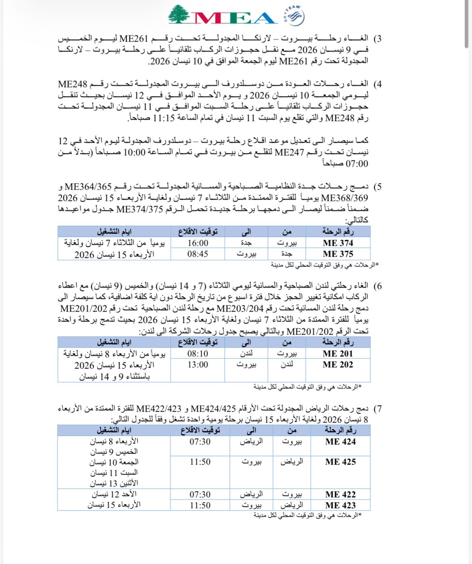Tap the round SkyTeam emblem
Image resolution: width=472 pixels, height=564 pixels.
click(x=296, y=17)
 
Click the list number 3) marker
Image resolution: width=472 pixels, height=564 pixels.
click(x=377, y=39)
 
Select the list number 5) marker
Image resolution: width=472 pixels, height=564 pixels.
click(x=377, y=187)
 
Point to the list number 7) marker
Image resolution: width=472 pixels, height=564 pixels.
click(x=377, y=409)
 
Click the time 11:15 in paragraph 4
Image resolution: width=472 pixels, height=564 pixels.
click(x=161, y=118)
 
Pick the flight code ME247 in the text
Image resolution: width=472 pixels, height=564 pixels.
click(x=289, y=152)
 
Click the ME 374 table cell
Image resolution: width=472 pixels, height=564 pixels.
click(x=338, y=243)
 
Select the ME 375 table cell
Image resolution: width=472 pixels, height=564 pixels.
click(x=338, y=254)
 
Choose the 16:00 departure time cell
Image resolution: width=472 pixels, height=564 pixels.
click(x=198, y=243)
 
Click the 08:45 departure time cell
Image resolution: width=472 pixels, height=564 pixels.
click(x=198, y=254)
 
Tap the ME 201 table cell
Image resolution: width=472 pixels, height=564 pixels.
click(x=338, y=354)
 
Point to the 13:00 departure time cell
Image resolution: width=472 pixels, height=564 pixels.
click(x=198, y=365)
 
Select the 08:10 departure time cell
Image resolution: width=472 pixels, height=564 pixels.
click(x=198, y=354)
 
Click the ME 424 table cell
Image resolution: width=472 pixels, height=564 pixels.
click(x=340, y=442)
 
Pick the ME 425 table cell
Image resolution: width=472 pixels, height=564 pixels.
click(x=340, y=462)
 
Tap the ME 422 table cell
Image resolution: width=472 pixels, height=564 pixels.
click(x=340, y=495)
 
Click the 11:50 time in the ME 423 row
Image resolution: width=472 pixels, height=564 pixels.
click(x=200, y=505)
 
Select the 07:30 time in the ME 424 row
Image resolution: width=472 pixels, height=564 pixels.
click(x=200, y=442)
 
